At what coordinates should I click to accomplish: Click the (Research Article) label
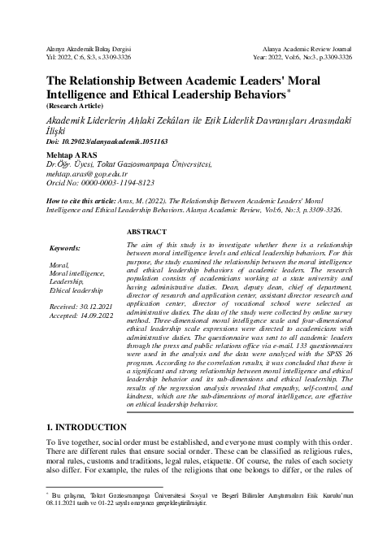pos(74,106)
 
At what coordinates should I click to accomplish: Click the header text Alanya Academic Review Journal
pos(302,50)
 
